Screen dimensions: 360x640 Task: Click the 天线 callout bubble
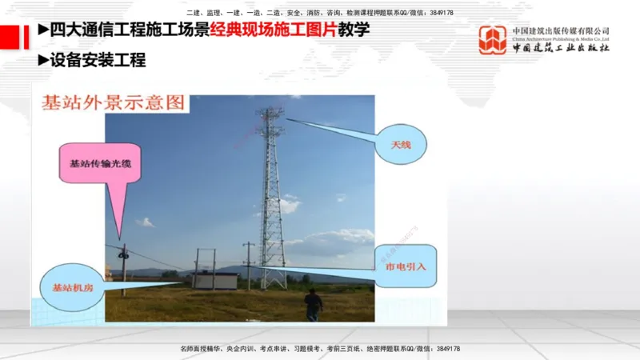point(406,144)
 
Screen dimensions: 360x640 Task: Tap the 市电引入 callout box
point(406,266)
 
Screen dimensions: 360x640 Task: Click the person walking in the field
point(313,304)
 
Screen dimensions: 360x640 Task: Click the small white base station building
point(214,280)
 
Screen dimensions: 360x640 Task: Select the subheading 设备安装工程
point(98,59)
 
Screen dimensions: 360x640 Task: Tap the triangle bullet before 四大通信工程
point(43,30)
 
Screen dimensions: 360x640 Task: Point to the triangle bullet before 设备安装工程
point(43,59)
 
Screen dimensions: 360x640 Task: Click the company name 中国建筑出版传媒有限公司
point(561,30)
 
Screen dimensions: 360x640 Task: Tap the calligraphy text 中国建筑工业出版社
point(561,47)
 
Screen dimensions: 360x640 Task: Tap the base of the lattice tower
point(272,284)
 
